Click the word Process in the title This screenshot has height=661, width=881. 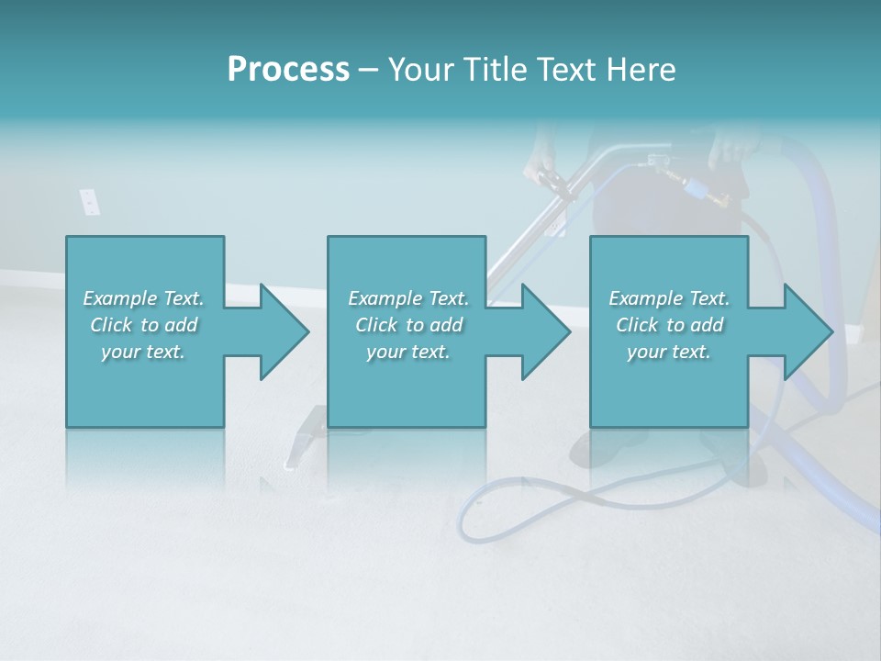pos(288,69)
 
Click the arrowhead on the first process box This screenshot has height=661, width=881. pos(284,331)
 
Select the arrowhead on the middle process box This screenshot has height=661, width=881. pos(546,331)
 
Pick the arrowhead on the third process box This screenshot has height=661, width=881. pos(809,331)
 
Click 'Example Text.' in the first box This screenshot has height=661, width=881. pos(143,298)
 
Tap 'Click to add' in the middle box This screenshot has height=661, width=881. pos(408,325)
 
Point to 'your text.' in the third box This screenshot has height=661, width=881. pos(668,352)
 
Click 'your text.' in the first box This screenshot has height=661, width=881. pos(143,352)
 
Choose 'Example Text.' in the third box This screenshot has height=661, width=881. pos(668,298)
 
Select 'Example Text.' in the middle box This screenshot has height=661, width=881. pos(408,298)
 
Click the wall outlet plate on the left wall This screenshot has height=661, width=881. pos(89,202)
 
